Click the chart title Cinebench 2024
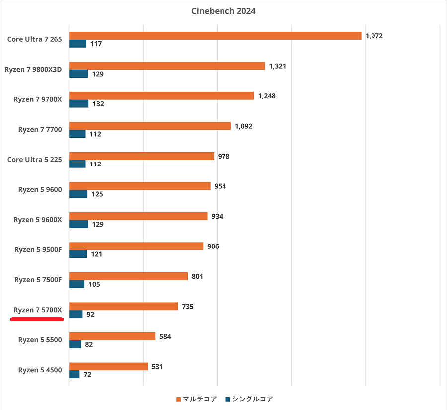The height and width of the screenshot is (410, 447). (x=223, y=11)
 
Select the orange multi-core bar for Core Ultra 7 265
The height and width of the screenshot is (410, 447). (x=215, y=36)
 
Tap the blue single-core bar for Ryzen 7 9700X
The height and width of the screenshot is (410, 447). (x=78, y=104)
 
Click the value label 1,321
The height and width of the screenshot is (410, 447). (x=278, y=66)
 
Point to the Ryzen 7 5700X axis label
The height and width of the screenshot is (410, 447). (x=38, y=310)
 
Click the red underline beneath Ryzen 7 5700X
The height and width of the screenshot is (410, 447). (x=37, y=319)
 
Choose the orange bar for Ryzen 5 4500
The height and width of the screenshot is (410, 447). (x=108, y=366)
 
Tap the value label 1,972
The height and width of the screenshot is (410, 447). (x=374, y=36)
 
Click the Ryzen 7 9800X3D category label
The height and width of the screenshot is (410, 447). (x=33, y=70)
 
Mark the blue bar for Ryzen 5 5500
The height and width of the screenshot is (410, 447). (x=75, y=344)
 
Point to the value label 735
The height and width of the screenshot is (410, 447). (x=188, y=307)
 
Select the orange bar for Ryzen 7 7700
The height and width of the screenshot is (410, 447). (x=149, y=126)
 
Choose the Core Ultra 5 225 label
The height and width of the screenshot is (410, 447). (x=35, y=160)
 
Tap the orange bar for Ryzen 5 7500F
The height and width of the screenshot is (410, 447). (x=128, y=276)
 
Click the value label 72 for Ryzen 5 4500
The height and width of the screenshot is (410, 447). (x=87, y=374)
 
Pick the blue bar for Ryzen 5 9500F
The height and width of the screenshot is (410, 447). (x=78, y=254)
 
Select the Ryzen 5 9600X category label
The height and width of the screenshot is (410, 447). (x=38, y=220)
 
